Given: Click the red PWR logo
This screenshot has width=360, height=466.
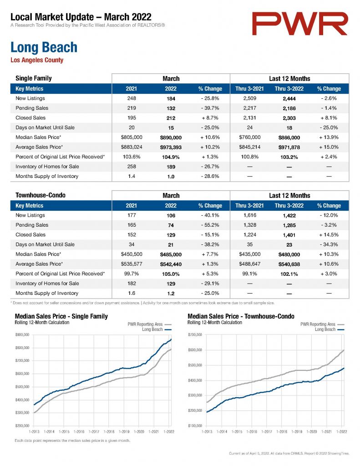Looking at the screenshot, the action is (x=299, y=24).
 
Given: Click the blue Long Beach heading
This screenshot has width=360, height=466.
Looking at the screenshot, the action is (x=44, y=47).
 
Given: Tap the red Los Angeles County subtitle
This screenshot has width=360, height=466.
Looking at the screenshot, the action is (x=37, y=60).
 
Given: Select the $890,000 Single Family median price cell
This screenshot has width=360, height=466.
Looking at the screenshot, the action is (x=171, y=137).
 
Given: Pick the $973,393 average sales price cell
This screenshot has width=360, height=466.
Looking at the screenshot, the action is (x=171, y=147).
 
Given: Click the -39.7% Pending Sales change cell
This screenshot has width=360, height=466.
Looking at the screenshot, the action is (x=210, y=108).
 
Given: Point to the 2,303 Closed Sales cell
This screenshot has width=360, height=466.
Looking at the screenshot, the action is (x=289, y=118).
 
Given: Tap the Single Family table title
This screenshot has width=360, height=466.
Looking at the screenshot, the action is (x=34, y=78).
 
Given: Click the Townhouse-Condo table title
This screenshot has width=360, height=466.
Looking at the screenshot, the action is (x=41, y=195).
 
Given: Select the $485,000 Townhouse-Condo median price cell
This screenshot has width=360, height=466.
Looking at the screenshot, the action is (x=171, y=254).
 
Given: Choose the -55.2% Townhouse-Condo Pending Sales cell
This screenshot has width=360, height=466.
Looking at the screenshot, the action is (x=210, y=225).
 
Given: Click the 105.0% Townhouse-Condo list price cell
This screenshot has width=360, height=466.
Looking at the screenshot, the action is (x=171, y=274).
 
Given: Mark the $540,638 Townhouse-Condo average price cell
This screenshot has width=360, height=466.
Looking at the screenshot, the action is (x=289, y=264).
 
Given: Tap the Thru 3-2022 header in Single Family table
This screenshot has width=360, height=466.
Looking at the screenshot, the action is (x=289, y=89).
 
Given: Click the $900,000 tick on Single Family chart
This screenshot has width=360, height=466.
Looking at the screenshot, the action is (x=22, y=334).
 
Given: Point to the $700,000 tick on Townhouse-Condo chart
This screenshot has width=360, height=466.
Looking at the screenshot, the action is (x=195, y=334).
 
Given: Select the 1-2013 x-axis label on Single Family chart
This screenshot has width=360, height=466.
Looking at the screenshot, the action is (x=34, y=431).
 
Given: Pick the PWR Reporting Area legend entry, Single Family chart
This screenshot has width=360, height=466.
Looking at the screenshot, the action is (x=150, y=324).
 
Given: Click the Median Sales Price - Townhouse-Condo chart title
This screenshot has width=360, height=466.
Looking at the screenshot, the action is (x=241, y=316).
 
